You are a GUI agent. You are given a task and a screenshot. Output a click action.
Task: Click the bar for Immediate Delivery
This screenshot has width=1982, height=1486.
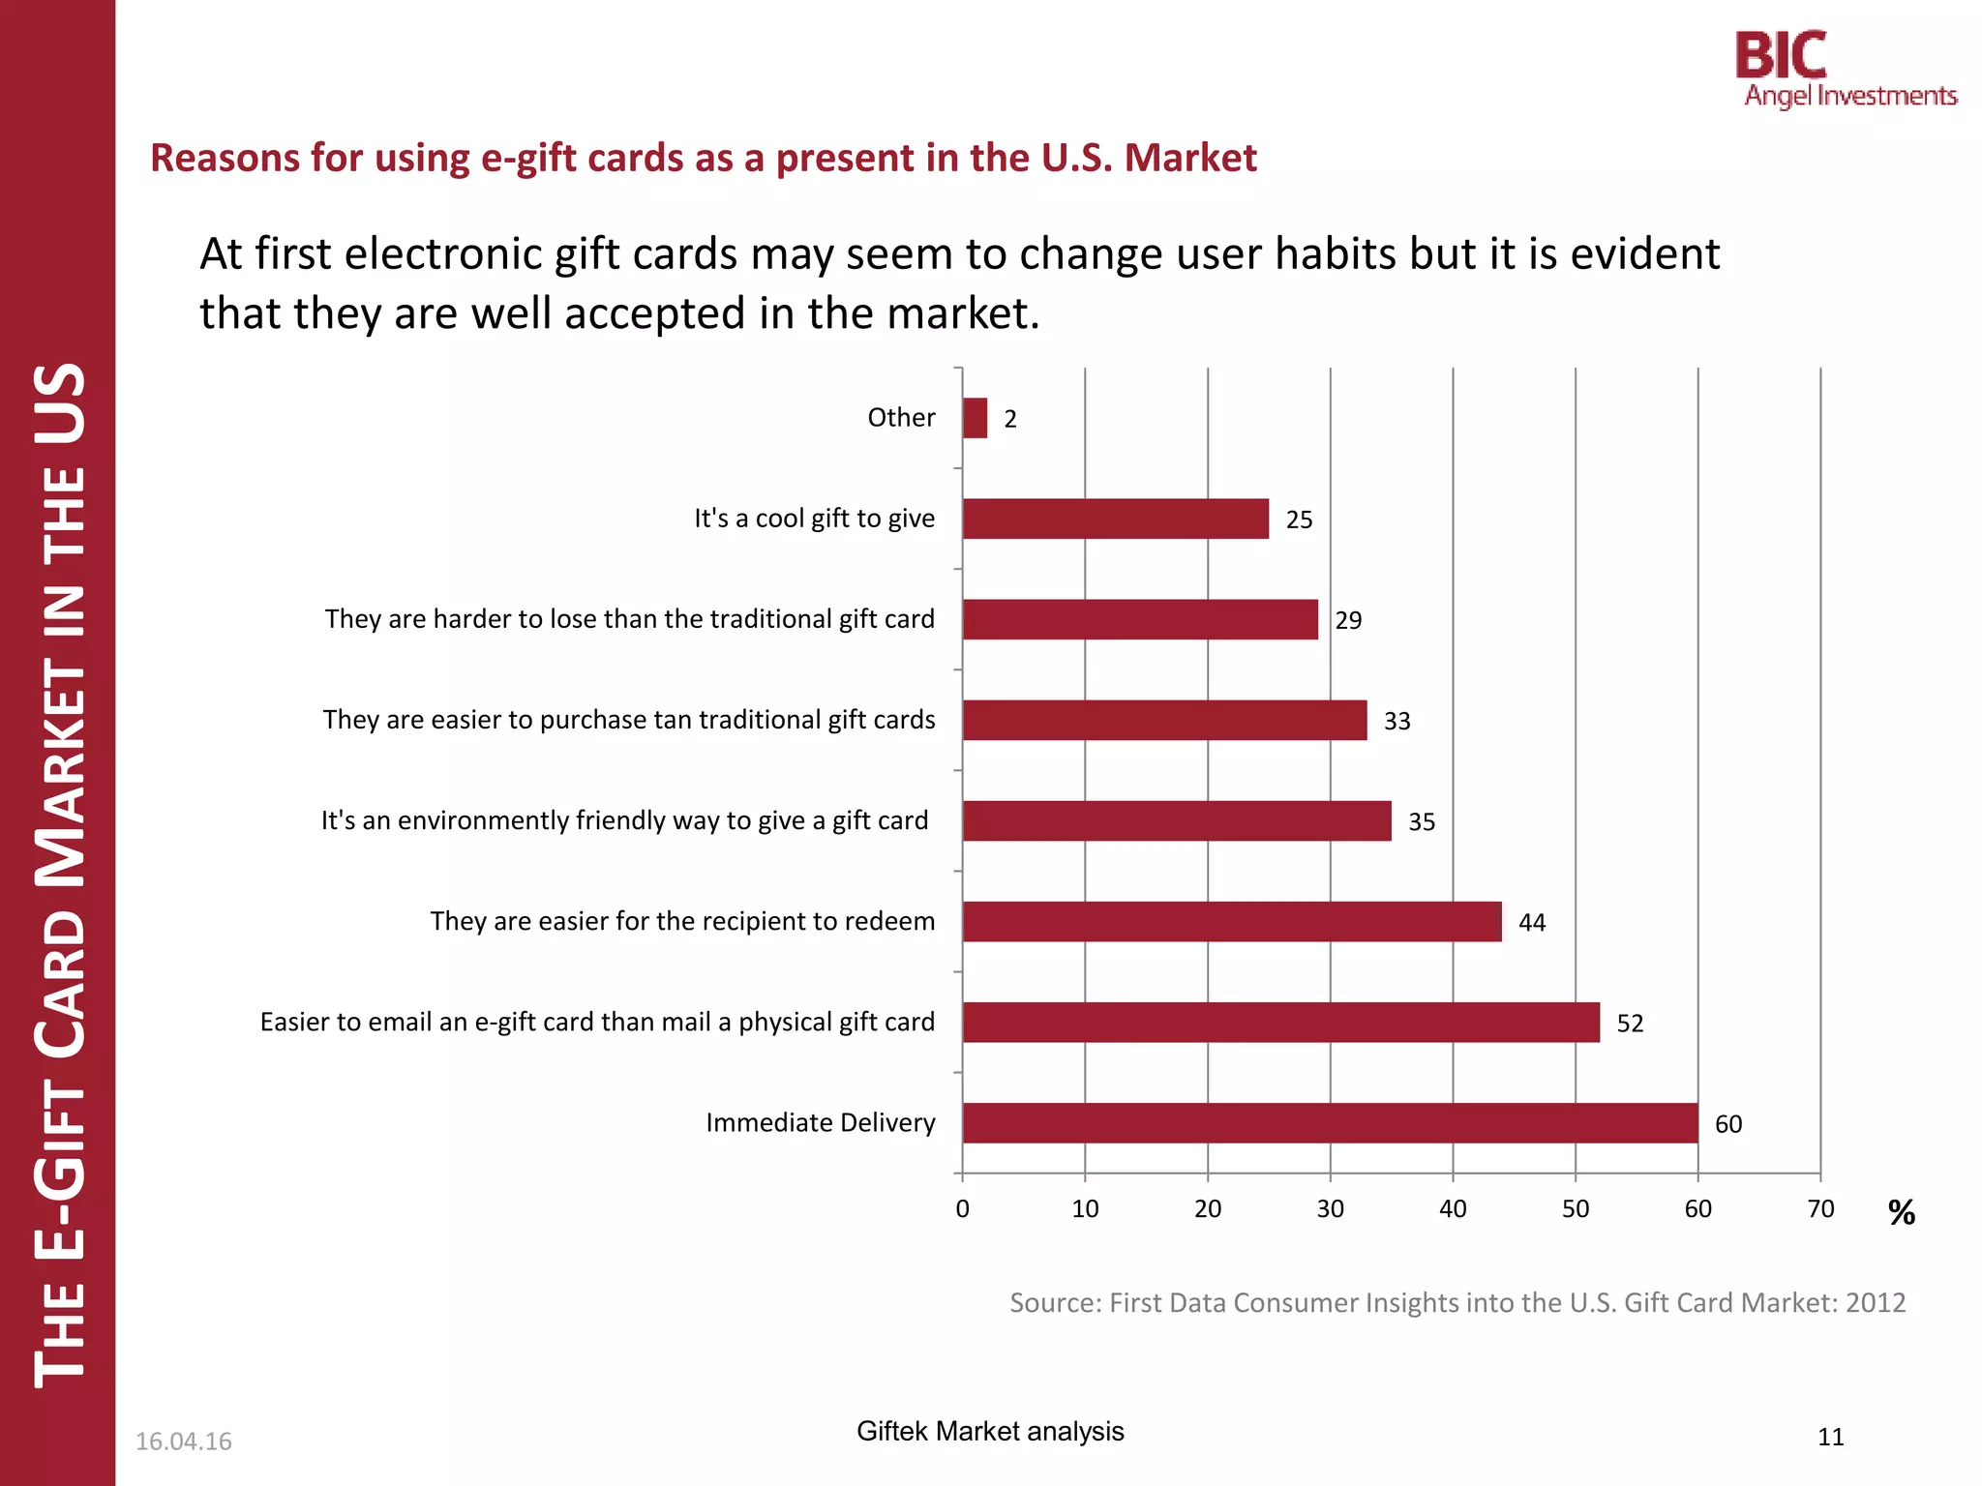[x=1330, y=1122]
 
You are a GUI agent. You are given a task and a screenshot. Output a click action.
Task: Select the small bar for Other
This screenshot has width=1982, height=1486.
[x=975, y=418]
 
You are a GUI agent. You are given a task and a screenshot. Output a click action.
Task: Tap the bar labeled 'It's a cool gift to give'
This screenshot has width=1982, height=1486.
[x=1115, y=519]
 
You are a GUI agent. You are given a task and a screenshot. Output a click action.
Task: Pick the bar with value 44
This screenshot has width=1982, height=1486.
[x=1231, y=921]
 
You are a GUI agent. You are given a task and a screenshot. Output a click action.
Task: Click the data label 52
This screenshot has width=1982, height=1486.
[x=1630, y=1024]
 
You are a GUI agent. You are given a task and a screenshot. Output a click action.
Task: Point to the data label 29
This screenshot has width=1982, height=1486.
[x=1348, y=620]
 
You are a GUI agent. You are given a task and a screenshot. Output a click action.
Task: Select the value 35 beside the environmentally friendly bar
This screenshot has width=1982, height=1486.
[x=1421, y=821]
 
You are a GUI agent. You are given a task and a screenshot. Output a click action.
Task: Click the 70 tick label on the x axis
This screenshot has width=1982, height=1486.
[x=1819, y=1208]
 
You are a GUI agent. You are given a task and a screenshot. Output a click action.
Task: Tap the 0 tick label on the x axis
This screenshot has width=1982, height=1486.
[x=962, y=1208]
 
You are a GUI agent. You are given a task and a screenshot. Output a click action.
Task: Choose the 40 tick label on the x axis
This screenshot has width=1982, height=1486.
[x=1452, y=1208]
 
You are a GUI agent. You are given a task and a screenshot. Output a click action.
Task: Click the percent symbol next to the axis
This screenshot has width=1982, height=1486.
[x=1901, y=1212]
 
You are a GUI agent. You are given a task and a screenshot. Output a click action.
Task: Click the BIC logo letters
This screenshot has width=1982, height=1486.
[x=1780, y=55]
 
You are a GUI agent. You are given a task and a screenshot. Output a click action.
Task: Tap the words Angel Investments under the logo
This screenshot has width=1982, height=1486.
[x=1849, y=96]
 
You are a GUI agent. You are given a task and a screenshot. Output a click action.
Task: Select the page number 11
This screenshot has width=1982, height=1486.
[x=1830, y=1437]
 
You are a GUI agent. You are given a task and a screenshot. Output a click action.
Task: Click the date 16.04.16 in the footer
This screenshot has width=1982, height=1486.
[x=183, y=1441]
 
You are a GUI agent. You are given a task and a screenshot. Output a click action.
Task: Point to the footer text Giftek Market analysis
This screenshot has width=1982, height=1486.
[x=989, y=1431]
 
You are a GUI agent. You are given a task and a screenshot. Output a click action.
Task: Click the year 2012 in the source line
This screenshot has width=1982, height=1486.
[x=1875, y=1302]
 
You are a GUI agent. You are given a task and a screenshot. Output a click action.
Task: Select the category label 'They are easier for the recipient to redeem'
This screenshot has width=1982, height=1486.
[x=682, y=921]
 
